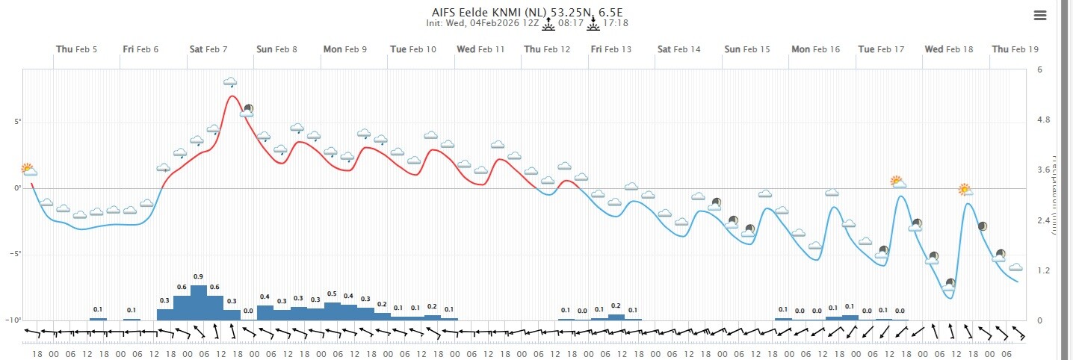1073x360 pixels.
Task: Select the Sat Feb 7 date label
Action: point(208,49)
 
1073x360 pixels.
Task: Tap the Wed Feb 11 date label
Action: point(480,49)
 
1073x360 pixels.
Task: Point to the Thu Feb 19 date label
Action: point(1015,49)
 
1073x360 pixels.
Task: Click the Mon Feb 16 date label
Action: point(815,49)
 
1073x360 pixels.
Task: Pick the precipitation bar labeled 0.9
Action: point(199,302)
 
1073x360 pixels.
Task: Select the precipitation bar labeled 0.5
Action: point(333,311)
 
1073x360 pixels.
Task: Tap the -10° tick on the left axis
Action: point(14,320)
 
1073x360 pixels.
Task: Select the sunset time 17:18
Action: point(615,23)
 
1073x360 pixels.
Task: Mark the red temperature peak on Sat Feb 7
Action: point(232,96)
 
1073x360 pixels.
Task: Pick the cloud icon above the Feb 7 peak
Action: point(230,81)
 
